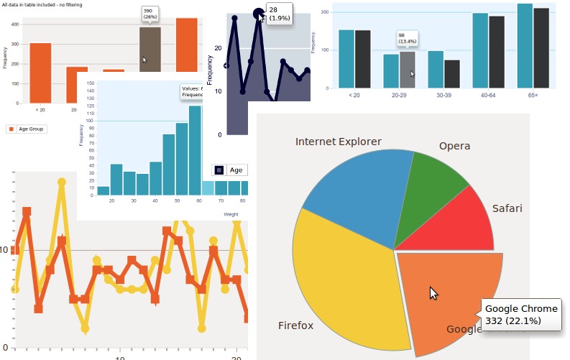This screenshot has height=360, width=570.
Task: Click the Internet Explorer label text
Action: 339,142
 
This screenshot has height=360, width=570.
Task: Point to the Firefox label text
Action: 295,326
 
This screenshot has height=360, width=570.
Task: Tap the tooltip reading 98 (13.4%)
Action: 407,38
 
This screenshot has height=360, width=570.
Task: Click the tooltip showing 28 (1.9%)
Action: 279,14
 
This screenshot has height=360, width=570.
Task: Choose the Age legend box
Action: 230,170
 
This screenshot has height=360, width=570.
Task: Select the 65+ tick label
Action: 532,94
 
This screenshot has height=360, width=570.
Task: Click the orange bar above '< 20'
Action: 40,73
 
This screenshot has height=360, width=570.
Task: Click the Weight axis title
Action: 231,214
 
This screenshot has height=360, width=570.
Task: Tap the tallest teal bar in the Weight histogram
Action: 195,150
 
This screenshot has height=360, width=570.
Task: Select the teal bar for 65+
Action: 525,46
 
